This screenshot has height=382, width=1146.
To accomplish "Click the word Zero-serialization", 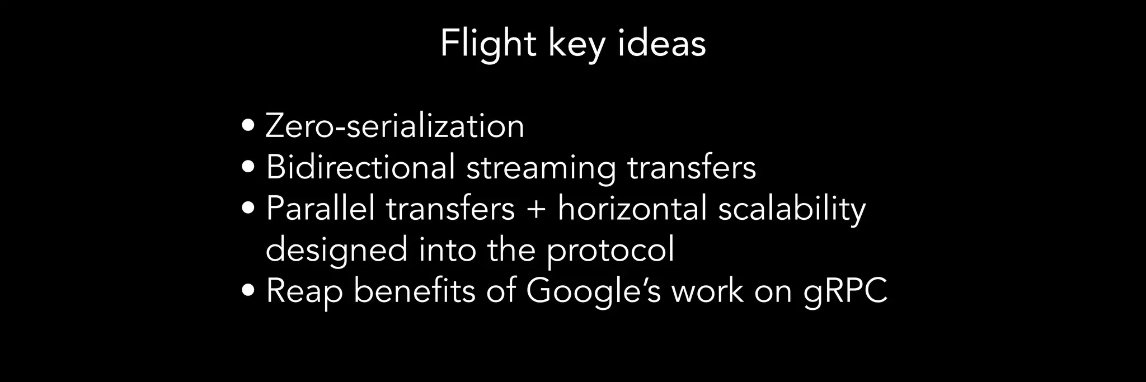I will tap(395, 126).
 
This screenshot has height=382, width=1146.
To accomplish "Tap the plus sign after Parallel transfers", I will tap(536, 209).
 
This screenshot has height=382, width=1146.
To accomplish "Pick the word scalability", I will tap(792, 209).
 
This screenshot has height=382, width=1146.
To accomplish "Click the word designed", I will tap(336, 249).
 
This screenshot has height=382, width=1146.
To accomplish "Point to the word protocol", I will tap(610, 251).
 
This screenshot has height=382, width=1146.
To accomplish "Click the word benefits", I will tap(414, 291).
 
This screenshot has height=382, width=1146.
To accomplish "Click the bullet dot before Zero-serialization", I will tap(249, 125).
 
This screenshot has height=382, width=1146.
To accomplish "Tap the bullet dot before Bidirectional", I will tap(249, 167).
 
